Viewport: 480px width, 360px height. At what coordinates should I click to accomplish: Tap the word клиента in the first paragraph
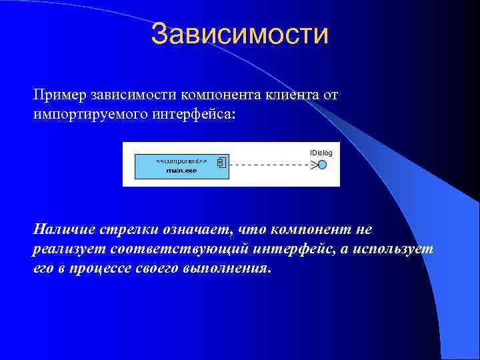(x=277, y=95)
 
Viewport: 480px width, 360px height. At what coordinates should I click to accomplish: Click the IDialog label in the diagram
(x=321, y=153)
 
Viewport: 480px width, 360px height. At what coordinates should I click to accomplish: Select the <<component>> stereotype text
(x=181, y=161)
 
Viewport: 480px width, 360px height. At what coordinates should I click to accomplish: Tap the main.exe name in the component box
(x=181, y=171)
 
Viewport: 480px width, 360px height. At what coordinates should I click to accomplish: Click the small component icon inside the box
(x=221, y=162)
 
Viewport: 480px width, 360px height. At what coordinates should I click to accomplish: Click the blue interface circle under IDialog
(x=323, y=165)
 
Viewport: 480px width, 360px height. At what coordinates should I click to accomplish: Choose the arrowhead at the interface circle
(x=314, y=165)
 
